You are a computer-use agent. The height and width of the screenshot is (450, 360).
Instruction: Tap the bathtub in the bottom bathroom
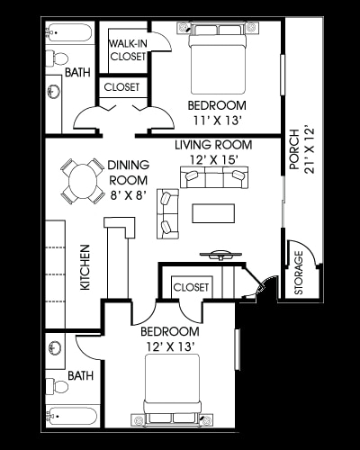pos(72,416)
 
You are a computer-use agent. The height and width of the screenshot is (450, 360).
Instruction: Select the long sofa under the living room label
pos(213,177)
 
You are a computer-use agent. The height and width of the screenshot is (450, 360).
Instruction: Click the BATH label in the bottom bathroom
pos(80,375)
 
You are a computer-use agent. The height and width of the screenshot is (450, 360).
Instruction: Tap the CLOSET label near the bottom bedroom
pos(190,287)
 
